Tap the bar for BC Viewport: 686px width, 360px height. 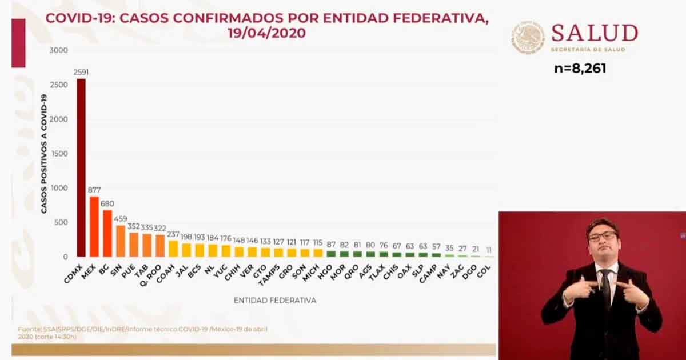pos(107,234)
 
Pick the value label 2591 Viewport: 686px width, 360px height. pos(81,72)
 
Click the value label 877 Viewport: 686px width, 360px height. pos(94,190)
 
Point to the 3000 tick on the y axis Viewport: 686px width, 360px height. pos(59,50)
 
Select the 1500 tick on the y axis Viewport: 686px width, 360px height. pos(59,154)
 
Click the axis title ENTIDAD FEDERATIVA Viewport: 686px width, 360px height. pos(274,300)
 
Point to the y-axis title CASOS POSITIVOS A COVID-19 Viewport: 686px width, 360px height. pos(44,154)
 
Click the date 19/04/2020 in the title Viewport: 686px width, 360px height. pos(266,33)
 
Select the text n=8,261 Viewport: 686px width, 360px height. pos(580,69)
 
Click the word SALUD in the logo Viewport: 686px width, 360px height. pos(595,33)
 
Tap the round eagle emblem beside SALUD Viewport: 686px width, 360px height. pos(528,38)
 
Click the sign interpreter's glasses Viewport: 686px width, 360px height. pos(603,235)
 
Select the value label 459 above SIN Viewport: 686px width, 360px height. pos(120,218)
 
